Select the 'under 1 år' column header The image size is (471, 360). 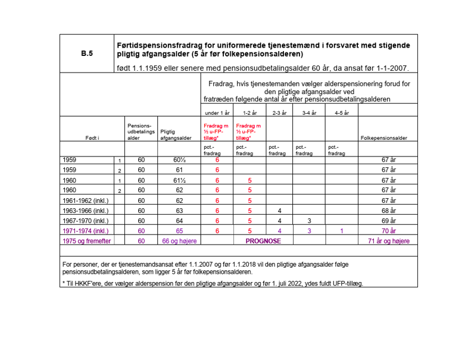point(217,112)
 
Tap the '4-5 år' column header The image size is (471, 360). point(342,112)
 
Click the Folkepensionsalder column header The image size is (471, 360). point(385,138)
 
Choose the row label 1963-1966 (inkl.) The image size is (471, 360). point(86,211)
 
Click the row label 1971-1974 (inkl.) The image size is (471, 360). point(86,230)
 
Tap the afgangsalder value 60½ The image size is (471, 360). point(179,160)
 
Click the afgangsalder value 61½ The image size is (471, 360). point(179,180)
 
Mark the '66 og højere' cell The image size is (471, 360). point(179,241)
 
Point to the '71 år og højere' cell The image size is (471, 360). point(388,241)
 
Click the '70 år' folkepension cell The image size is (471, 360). point(388,230)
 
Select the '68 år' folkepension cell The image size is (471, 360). point(388,211)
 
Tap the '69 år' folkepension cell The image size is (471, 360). point(388,221)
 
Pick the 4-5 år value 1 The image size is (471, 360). point(342,230)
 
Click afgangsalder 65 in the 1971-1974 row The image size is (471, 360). point(179,230)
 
